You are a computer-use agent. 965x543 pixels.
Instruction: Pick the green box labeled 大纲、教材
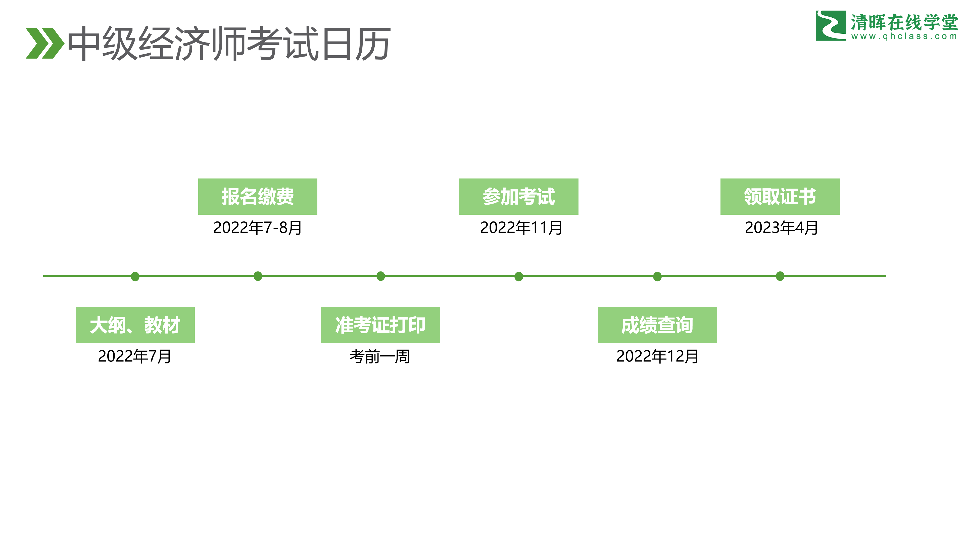click(135, 325)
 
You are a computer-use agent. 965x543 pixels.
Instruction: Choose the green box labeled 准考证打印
click(381, 325)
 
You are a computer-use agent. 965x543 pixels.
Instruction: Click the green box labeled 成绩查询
click(657, 325)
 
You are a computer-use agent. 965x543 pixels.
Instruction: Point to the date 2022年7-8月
click(258, 228)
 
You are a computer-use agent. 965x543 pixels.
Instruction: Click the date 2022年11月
click(521, 228)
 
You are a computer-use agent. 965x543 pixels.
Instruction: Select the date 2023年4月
click(782, 228)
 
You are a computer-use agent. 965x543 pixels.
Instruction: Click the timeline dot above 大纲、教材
click(135, 277)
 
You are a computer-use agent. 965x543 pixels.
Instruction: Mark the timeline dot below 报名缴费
click(258, 276)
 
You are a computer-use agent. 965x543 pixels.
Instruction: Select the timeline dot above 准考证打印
click(381, 276)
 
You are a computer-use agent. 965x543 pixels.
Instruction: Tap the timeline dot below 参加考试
click(519, 277)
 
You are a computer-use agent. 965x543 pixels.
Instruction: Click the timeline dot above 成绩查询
click(657, 277)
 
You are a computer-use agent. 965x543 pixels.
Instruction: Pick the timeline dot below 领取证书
click(780, 276)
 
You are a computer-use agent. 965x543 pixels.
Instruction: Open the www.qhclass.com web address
click(904, 36)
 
